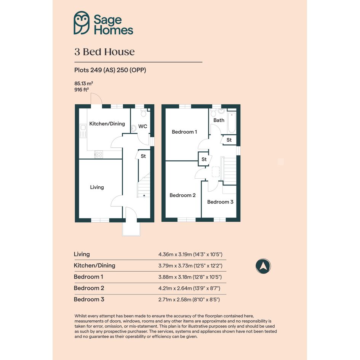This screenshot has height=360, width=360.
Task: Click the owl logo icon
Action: (x=82, y=23)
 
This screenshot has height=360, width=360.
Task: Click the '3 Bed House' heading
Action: (x=104, y=52)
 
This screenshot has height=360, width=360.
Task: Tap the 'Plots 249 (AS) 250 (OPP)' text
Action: (x=110, y=70)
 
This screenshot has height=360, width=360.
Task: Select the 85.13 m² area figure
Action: (x=83, y=83)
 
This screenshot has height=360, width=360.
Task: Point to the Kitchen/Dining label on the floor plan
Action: (x=107, y=124)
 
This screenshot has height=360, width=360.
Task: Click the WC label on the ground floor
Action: (x=142, y=126)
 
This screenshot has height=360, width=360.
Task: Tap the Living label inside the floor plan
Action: (x=97, y=187)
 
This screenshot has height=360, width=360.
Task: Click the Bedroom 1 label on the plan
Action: (x=184, y=132)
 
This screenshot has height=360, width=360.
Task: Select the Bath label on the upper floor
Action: (x=219, y=120)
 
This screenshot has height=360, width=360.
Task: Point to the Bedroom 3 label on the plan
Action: (x=220, y=202)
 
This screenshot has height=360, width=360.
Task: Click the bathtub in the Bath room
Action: (x=232, y=122)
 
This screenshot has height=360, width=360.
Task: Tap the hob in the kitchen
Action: (x=99, y=155)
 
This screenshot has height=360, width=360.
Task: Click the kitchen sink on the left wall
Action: (x=83, y=131)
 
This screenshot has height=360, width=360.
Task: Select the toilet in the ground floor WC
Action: (x=144, y=113)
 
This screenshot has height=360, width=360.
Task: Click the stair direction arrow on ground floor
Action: (x=144, y=195)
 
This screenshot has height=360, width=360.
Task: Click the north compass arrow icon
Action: (x=263, y=266)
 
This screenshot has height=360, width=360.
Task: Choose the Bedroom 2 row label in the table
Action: (x=89, y=288)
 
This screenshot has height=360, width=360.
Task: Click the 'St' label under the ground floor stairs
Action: (x=143, y=156)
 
